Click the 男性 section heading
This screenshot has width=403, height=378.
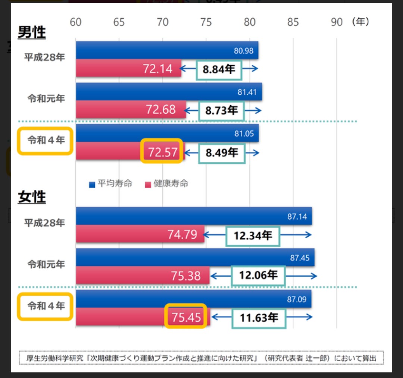[x=32, y=33]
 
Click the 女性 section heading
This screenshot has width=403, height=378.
[x=32, y=197]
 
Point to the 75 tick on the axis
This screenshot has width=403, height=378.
[x=206, y=22]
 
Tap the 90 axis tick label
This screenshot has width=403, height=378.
[x=337, y=22]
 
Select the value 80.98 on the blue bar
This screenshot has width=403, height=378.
[x=244, y=51]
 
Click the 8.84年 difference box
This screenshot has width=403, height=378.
[x=219, y=69]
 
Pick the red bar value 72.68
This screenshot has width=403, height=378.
[x=161, y=110]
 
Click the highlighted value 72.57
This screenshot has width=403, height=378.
[x=162, y=152]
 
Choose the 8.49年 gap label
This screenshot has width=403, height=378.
[x=222, y=152]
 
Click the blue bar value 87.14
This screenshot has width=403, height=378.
[x=297, y=217]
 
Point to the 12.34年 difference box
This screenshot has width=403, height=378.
[x=253, y=236]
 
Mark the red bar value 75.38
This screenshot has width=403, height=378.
[x=186, y=276]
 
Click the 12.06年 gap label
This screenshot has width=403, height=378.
[x=258, y=275]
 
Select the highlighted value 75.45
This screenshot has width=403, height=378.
[x=186, y=318]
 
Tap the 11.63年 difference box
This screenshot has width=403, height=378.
[x=259, y=318]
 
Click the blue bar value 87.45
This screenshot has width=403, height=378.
[x=300, y=258]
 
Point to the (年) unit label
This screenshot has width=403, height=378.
[x=360, y=22]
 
